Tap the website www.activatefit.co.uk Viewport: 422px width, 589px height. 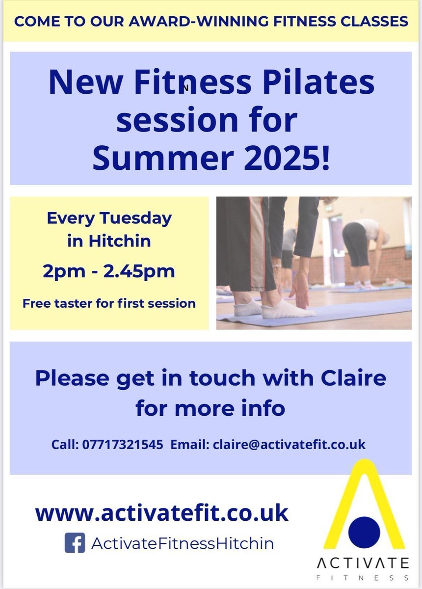point(161,513)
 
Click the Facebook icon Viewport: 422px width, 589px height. point(75,543)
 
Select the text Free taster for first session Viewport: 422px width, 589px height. point(109,303)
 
